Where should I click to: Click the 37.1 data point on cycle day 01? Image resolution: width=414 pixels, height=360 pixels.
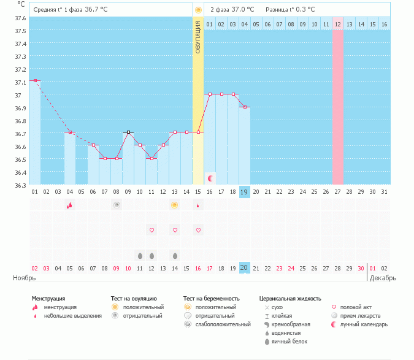coord(35,80)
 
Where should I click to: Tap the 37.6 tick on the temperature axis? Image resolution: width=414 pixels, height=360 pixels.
coord(20,18)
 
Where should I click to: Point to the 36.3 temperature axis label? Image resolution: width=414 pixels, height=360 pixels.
coord(20,185)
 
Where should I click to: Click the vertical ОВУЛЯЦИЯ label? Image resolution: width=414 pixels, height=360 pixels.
coord(198,37)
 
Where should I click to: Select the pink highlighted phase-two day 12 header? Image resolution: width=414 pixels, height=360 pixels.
coord(337,24)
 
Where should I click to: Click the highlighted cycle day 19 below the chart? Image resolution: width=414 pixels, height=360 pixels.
coord(244,192)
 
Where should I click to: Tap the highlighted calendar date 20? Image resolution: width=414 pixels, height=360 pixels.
coord(244,268)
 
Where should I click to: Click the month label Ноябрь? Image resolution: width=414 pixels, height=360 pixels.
coord(25,278)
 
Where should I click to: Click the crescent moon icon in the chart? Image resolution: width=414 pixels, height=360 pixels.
coord(210,178)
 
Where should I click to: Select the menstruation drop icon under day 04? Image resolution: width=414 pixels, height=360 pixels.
coord(69,205)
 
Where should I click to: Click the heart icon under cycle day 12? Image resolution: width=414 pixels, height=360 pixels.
coord(151,230)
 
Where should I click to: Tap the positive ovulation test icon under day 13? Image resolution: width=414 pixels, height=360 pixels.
coord(175,205)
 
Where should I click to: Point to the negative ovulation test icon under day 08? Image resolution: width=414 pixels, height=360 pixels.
coord(116,205)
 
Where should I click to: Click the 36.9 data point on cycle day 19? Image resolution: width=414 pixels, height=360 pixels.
coord(244,107)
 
